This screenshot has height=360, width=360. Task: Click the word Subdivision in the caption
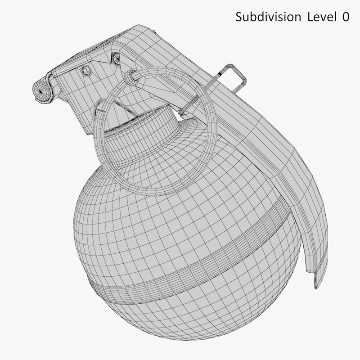pos(268,17)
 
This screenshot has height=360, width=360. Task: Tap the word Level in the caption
pos(322,17)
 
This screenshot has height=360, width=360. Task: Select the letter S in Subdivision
pos(239,17)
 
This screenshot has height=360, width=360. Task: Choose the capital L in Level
pos(310,17)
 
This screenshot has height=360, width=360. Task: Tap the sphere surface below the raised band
pos(189,315)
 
